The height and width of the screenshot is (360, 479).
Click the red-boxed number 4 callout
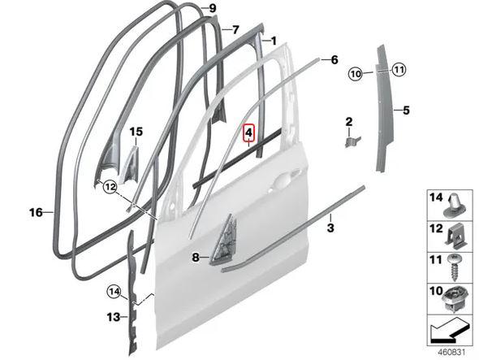point(248,132)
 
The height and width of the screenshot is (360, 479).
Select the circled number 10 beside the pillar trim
point(356,74)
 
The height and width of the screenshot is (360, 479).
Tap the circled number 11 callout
point(399,70)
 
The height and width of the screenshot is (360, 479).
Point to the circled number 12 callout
point(110,186)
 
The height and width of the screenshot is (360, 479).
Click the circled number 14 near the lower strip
point(114,292)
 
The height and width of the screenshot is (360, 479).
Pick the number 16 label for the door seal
point(36,212)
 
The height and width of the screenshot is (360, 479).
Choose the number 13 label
point(114,317)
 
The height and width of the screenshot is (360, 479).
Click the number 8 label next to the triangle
point(196,258)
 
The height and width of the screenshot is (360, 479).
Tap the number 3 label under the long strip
point(330,228)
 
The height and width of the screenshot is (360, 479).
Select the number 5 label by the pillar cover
point(406,110)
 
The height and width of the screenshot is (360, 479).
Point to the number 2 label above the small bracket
point(349,122)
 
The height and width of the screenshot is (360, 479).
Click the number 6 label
point(334,59)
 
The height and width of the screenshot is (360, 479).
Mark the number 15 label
point(136,132)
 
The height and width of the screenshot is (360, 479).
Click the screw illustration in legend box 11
point(455,267)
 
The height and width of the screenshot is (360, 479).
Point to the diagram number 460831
point(451,352)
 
